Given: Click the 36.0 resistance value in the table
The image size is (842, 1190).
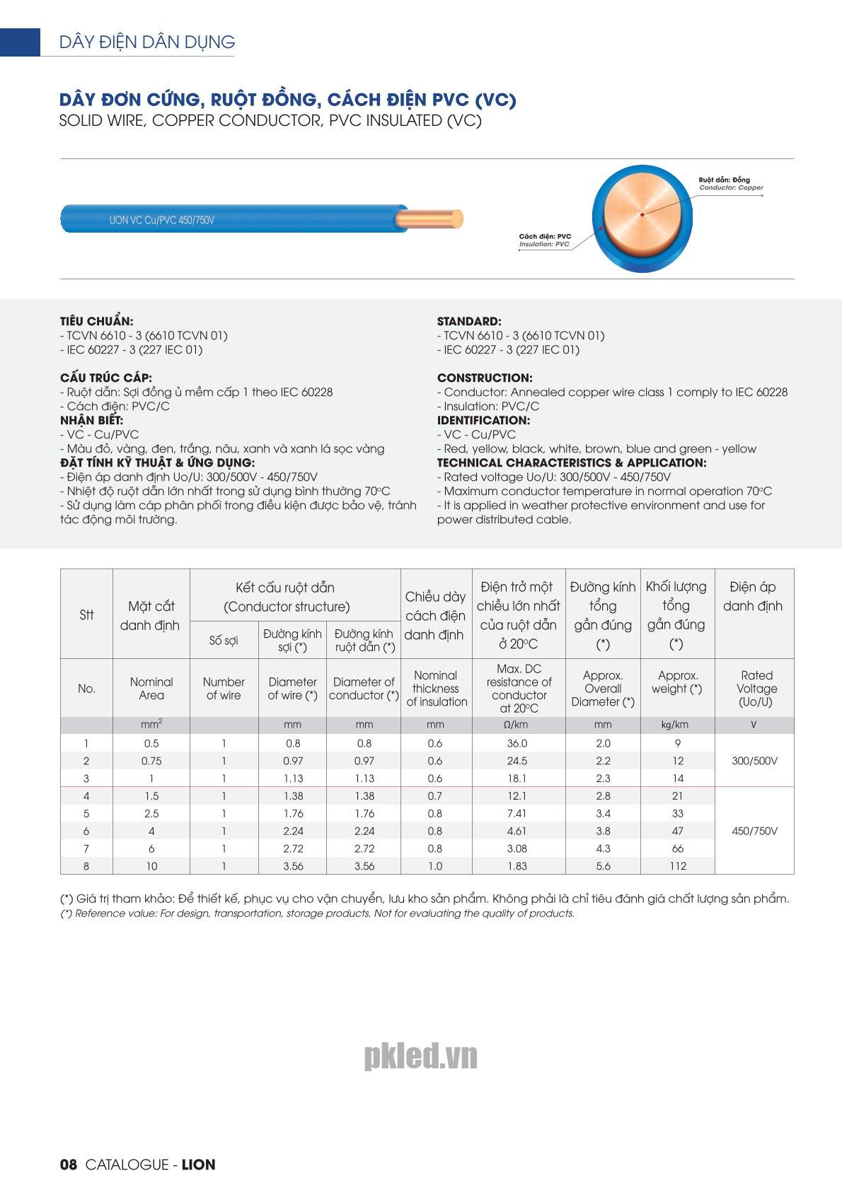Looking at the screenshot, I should point(517,743).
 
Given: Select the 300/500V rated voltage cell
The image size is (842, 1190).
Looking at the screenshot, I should point(754,761).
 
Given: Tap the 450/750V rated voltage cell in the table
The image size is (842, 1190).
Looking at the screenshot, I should point(754,831).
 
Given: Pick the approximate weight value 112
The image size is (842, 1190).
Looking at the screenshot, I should point(678,866).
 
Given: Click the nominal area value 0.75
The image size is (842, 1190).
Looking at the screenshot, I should point(151,761).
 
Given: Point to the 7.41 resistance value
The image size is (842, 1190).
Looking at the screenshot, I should point(517,813).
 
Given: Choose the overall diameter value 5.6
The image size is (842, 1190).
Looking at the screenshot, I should point(603,866).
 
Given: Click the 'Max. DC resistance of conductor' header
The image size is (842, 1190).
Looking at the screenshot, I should point(519,688).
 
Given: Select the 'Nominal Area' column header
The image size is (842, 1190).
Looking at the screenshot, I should point(151,688).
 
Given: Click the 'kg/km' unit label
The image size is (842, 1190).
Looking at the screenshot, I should point(675,725).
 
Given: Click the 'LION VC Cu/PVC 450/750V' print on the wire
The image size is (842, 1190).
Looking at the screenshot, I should point(162,220).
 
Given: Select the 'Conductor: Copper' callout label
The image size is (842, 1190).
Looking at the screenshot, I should point(731,188).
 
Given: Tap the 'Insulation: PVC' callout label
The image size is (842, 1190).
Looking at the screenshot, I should point(544,245).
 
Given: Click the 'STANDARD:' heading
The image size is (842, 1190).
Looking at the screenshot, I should point(469,321).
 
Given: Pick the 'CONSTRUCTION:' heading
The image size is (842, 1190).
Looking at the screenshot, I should point(485,378).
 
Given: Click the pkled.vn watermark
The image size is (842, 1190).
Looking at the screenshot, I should point(421,1056).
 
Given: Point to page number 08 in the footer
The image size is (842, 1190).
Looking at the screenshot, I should point(68,1165).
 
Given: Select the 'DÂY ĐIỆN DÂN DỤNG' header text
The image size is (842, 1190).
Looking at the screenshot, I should point(147,42).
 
